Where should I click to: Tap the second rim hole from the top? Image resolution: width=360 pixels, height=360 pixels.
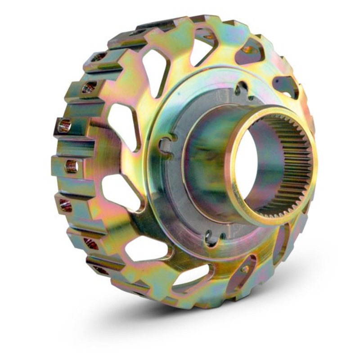[89, 87]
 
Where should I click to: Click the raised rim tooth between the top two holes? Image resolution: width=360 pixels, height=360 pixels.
[97, 72]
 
